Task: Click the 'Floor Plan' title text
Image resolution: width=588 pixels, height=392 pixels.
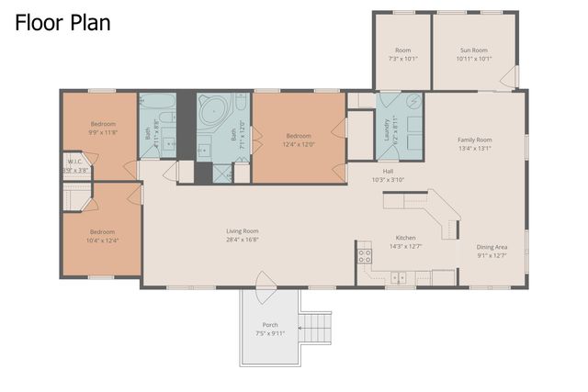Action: [62, 23]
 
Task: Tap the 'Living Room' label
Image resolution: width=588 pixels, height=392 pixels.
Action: [243, 230]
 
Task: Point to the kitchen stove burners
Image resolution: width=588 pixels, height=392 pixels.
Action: [364, 255]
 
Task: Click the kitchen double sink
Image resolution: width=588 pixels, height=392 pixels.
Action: [399, 276]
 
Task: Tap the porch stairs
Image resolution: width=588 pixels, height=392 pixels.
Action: [316, 326]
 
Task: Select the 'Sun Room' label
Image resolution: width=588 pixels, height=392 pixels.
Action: [473, 50]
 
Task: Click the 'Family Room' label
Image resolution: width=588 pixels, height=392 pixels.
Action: [475, 140]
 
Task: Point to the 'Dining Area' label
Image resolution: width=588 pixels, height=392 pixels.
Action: [492, 246]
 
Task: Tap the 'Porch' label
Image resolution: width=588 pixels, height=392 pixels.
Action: [270, 324]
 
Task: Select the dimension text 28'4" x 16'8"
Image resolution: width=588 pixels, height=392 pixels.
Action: [243, 240]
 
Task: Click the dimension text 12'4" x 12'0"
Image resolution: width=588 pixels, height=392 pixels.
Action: [299, 143]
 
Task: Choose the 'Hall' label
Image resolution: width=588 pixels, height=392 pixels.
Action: [389, 171]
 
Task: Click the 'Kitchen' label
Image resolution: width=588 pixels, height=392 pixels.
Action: [405, 237]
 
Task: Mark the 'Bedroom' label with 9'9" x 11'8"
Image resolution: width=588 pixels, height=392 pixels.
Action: [102, 124]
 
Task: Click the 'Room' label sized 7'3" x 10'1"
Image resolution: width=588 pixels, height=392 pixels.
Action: [402, 50]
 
